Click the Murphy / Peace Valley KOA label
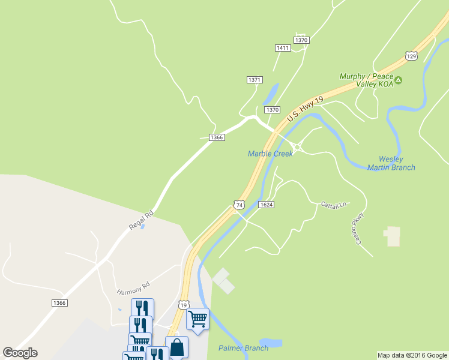pos(366,80)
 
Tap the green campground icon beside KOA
pos(399,80)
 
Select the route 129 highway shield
pos(411,56)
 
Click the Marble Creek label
pos(270,154)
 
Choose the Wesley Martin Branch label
pos(391,163)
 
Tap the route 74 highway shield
pos(240,205)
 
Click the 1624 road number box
pos(267,205)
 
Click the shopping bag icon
pos(176,347)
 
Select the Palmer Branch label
pos(243,348)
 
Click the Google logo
pos(20,353)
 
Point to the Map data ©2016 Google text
pos(412,355)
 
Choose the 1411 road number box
pos(282,48)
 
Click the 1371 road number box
pos(255,80)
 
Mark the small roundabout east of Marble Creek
pos(297,147)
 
